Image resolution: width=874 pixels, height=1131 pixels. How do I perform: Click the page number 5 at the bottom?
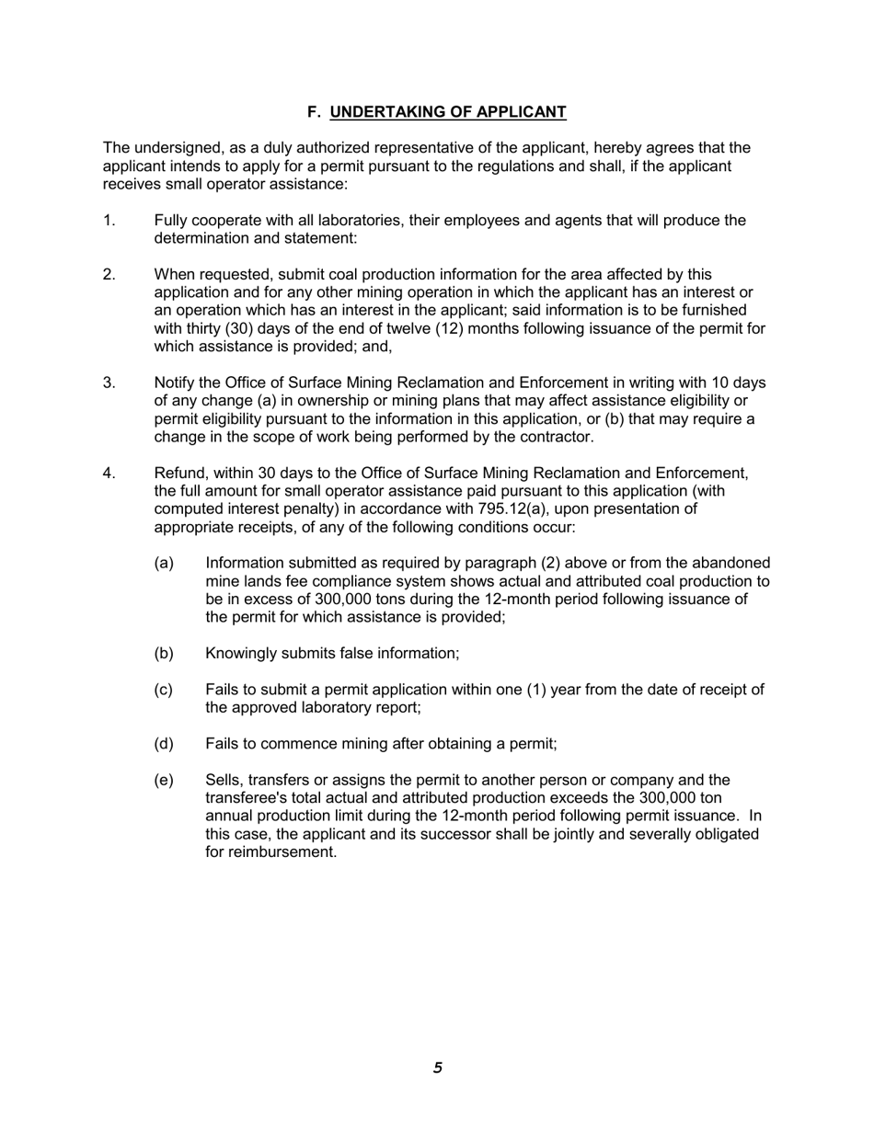[x=438, y=1068]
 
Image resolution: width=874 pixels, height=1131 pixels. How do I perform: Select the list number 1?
[x=109, y=221]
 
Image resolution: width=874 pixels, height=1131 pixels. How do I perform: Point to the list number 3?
[x=109, y=383]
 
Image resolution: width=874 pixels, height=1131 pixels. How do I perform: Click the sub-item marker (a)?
[x=164, y=564]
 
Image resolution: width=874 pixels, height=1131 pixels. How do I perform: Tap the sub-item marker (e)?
[x=164, y=781]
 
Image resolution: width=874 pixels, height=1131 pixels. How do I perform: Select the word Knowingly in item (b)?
[x=241, y=654]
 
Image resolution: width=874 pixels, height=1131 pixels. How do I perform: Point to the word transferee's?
[x=247, y=798]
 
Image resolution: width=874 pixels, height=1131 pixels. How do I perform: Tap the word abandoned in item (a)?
[x=729, y=564]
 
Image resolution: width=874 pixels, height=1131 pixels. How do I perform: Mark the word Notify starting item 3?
[x=176, y=383]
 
